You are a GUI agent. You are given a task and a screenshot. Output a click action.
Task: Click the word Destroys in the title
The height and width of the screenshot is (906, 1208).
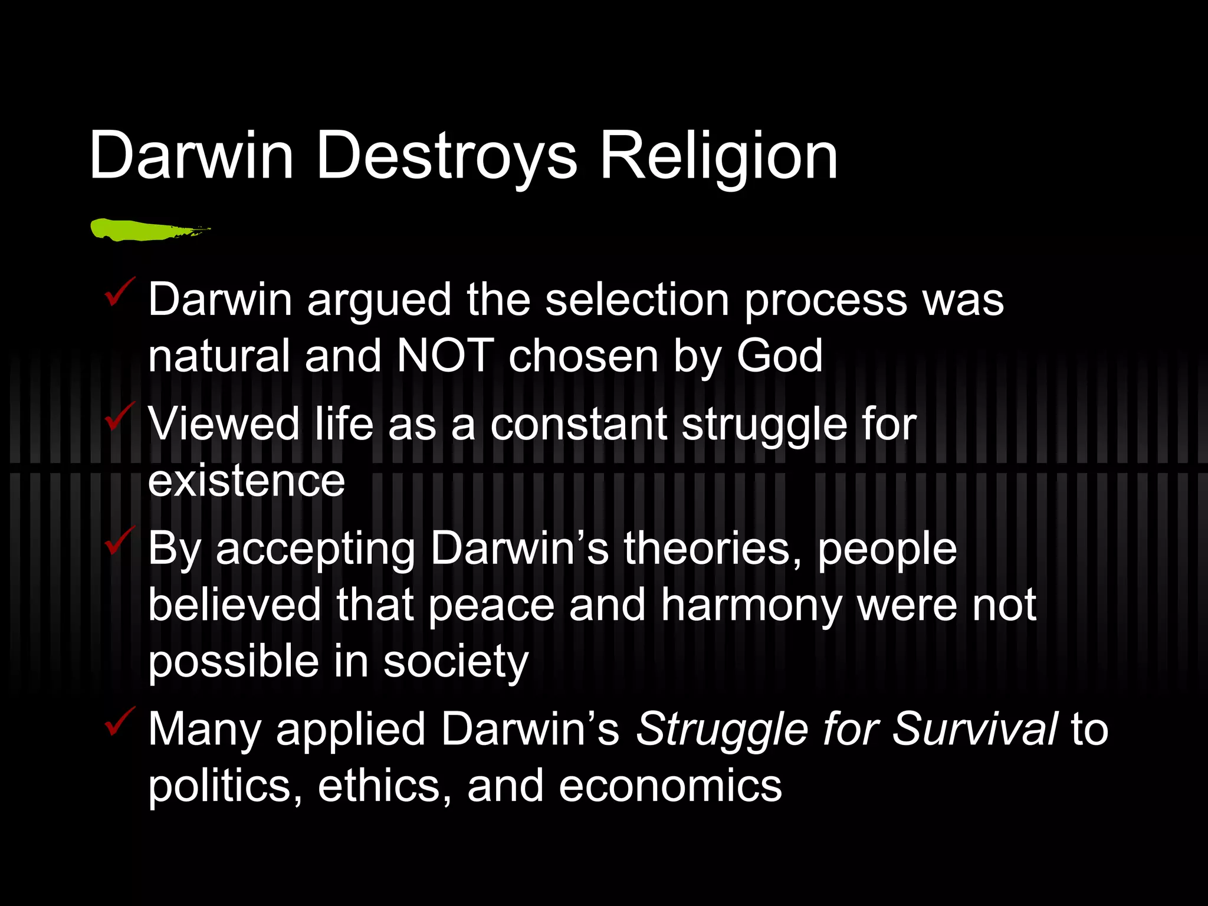point(447,156)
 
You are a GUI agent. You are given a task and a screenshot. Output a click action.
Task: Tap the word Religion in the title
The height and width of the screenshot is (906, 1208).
point(718,156)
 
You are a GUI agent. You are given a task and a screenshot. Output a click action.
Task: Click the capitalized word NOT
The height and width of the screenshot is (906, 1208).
point(445,356)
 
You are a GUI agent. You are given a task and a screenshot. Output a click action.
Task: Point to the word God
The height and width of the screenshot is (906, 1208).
point(779,356)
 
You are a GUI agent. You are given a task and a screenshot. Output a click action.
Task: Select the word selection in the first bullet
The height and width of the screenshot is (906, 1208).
point(637,300)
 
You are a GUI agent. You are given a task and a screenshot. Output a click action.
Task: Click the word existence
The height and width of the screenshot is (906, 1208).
point(246,481)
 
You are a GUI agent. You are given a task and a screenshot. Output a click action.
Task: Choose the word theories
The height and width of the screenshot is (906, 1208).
point(713,549)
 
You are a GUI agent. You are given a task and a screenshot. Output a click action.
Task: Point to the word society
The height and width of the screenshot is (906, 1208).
point(456,662)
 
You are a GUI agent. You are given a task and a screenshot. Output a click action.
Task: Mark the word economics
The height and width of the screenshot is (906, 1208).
point(670,786)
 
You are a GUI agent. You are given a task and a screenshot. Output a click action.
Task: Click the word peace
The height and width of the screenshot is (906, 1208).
point(491,605)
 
